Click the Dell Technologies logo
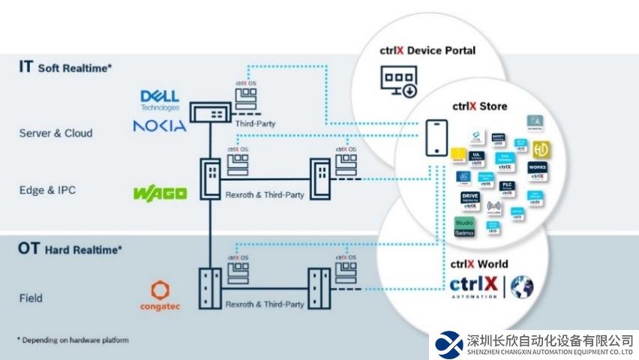click(x=160, y=100)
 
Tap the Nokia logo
click(x=159, y=126)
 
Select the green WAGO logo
click(x=160, y=193)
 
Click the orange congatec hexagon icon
click(x=159, y=290)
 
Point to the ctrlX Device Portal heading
click(x=427, y=51)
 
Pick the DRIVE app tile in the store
click(x=470, y=199)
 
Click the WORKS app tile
click(x=537, y=171)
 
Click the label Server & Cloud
click(x=56, y=133)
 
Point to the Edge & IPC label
click(x=48, y=190)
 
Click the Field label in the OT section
click(x=31, y=298)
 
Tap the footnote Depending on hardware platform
click(x=73, y=340)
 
